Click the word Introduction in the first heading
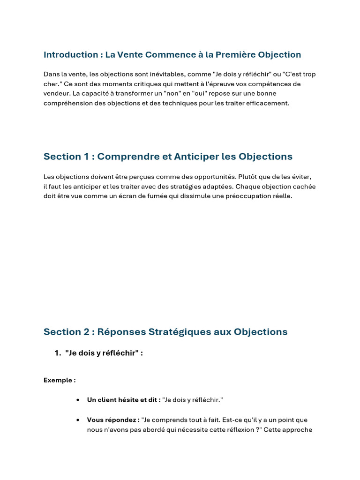[x=70, y=55]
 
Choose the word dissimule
[x=182, y=196]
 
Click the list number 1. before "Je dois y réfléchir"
[x=58, y=353]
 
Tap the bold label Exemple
[x=59, y=380]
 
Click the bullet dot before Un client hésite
[x=77, y=400]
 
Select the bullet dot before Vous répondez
[x=77, y=420]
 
